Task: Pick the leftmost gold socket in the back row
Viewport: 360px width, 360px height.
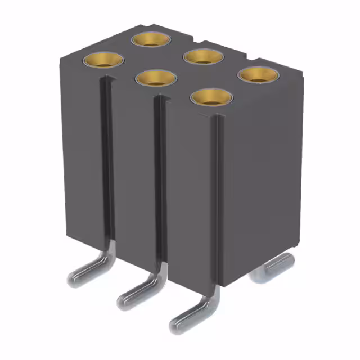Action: click(x=151, y=39)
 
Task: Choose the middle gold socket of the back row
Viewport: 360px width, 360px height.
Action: click(x=204, y=56)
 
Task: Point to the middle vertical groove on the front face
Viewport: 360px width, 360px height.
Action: click(x=160, y=186)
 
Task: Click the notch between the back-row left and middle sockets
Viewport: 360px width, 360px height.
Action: click(x=192, y=42)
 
